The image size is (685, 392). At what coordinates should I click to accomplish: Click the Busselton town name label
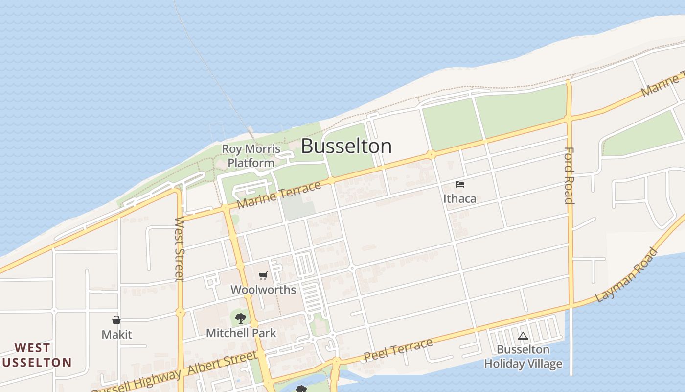(x=346, y=146)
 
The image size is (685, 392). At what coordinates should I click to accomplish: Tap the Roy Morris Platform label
(x=251, y=156)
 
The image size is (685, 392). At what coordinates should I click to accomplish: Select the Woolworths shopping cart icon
(x=263, y=276)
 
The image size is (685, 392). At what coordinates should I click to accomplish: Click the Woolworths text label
(x=263, y=290)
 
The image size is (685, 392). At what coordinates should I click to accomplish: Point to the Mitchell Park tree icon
(x=240, y=319)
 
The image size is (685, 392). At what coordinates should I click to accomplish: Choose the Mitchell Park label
(x=241, y=333)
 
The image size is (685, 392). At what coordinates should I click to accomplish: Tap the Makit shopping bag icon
(x=116, y=320)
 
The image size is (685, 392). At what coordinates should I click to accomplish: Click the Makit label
(x=116, y=335)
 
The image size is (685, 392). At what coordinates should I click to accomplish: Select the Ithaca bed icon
(x=459, y=185)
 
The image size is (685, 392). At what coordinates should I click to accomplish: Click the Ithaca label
(x=459, y=198)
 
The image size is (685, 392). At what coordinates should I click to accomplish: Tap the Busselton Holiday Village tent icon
(x=523, y=336)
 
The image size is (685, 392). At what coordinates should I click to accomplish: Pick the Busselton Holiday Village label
(x=523, y=357)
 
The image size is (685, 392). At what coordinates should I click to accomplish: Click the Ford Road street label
(x=569, y=175)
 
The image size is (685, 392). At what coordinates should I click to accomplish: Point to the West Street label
(x=180, y=249)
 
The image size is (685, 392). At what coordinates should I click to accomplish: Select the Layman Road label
(x=627, y=275)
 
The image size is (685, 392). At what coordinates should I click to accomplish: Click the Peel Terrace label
(x=398, y=350)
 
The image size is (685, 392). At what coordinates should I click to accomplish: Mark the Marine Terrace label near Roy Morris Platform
(x=279, y=195)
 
